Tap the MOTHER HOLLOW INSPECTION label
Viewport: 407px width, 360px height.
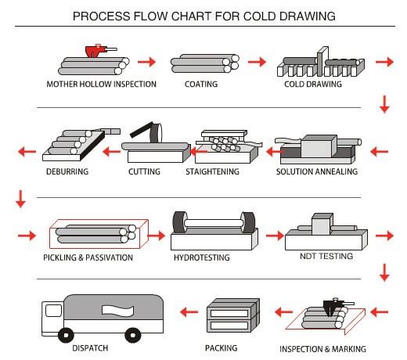pyautogui.click(x=102, y=84)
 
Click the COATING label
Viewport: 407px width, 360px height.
pyautogui.click(x=201, y=84)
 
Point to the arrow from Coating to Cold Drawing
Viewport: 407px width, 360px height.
pyautogui.click(x=257, y=62)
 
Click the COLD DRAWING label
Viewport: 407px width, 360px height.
pyautogui.click(x=313, y=84)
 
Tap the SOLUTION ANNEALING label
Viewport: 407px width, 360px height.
pyautogui.click(x=317, y=171)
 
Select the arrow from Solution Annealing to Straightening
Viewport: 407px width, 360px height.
pyautogui.click(x=274, y=152)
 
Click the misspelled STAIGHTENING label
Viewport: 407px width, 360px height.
pyautogui.click(x=213, y=171)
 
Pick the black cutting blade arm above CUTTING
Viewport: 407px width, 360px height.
pyautogui.click(x=141, y=130)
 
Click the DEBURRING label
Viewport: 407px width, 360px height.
pyautogui.click(x=67, y=171)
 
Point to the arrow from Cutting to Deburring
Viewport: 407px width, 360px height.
pyautogui.click(x=111, y=152)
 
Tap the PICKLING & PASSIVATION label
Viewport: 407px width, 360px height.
pyautogui.click(x=88, y=257)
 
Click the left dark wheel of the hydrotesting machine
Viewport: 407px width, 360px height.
pyautogui.click(x=180, y=221)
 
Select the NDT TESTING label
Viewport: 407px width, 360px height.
pyautogui.click(x=326, y=256)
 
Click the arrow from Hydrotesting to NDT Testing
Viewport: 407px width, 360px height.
pyautogui.click(x=275, y=236)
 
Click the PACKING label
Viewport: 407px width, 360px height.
pyautogui.click(x=222, y=348)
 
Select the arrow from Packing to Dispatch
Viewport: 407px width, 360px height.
pyautogui.click(x=189, y=311)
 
